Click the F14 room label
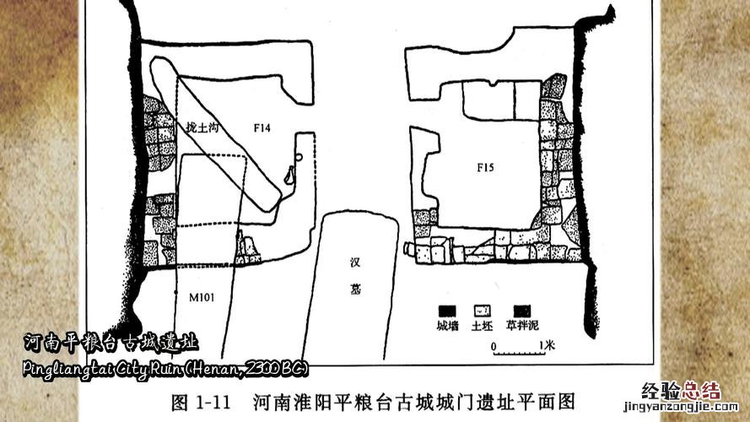pyautogui.click(x=262, y=127)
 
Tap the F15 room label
pyautogui.click(x=484, y=168)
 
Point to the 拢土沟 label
pyautogui.click(x=202, y=127)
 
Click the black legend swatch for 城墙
pyautogui.click(x=447, y=310)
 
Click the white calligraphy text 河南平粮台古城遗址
pyautogui.click(x=111, y=342)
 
